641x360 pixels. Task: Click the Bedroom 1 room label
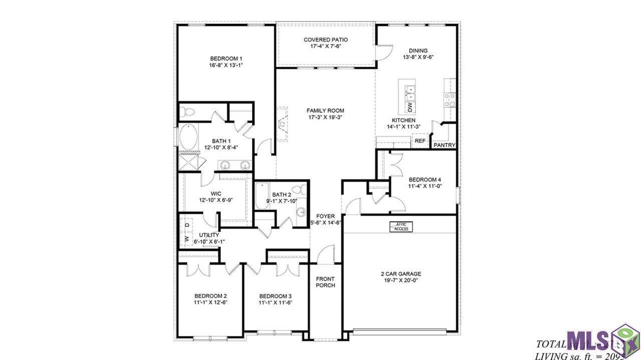coord(226,58)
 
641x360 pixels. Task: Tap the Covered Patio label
coord(326,40)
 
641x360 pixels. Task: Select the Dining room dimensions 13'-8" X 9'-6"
coord(418,57)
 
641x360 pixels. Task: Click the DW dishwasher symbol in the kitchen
coord(410,107)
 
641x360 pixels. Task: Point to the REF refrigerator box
coord(420,142)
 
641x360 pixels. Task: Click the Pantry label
coord(444,146)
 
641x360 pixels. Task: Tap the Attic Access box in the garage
coord(401,227)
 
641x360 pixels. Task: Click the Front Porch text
coord(325,282)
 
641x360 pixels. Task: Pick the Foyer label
coord(326,216)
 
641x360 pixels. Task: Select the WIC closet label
coord(216,193)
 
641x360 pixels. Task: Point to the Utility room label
coord(209,234)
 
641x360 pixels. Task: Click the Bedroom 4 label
coord(425,180)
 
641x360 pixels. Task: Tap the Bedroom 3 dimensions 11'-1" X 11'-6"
coord(275,303)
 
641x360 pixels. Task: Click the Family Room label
coord(326,111)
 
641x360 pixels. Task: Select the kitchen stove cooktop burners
coord(450,100)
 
